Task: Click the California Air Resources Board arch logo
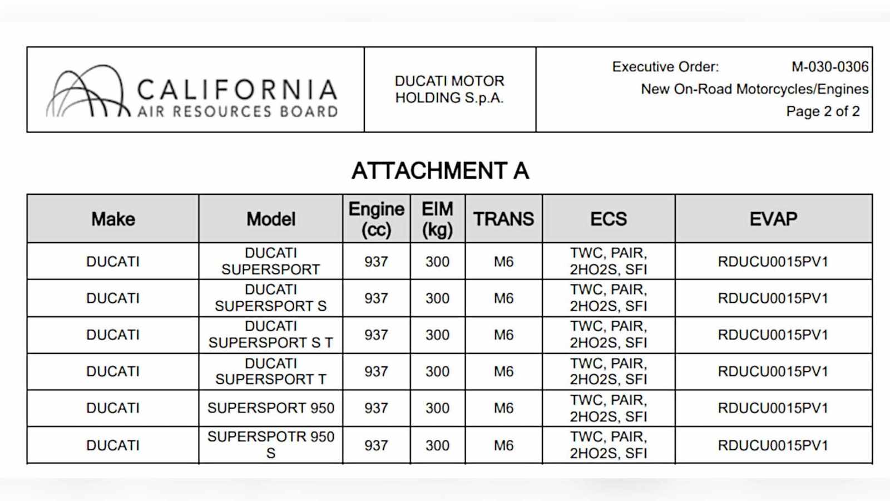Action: tap(86, 92)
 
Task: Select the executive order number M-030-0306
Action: tap(829, 67)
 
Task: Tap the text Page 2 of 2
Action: tap(823, 111)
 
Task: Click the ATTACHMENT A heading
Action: tap(440, 171)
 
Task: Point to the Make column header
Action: tap(113, 219)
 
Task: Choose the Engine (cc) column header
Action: tap(376, 219)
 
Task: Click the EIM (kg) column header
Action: tap(437, 219)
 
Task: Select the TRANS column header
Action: tap(503, 219)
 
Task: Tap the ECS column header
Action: tap(609, 219)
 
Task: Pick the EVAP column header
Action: tap(773, 219)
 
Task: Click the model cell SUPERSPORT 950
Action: tap(271, 408)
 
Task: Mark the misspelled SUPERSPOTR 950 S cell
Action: tap(271, 445)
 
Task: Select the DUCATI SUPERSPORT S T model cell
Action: tap(271, 335)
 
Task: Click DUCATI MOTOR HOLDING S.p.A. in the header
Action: tap(449, 90)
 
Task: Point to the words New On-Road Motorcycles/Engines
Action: tap(754, 89)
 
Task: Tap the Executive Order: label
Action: tap(665, 67)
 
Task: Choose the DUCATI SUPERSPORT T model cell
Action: tap(271, 371)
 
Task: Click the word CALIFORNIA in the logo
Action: tap(237, 90)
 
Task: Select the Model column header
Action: tap(271, 219)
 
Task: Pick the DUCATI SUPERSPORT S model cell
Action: tap(271, 298)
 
